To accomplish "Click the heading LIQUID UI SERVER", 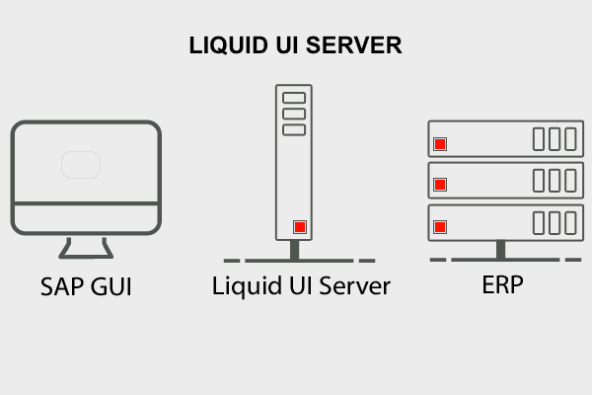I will [296, 46].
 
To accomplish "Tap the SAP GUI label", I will [87, 288].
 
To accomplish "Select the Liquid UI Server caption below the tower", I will [302, 287].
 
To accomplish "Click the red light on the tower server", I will [299, 228].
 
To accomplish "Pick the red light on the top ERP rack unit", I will [440, 143].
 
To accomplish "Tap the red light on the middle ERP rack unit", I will [440, 184].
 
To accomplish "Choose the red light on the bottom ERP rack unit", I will [440, 226].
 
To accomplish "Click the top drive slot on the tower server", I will [294, 99].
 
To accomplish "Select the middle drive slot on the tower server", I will [294, 113].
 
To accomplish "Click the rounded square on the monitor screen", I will [81, 164].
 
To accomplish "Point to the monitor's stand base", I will [87, 254].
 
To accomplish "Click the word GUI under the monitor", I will [111, 288].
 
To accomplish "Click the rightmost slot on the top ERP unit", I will [569, 138].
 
